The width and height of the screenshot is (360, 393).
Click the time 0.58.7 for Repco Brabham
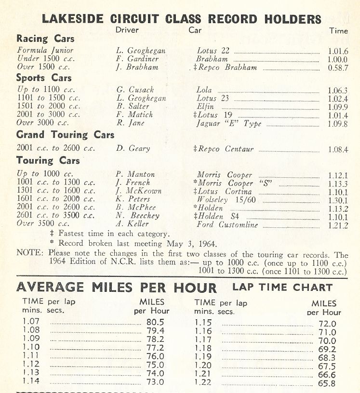[337, 68]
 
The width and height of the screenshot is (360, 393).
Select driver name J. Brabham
[137, 67]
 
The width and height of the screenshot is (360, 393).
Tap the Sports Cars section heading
[44, 78]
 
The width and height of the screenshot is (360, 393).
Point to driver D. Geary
[133, 149]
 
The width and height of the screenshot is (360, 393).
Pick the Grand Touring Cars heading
[65, 135]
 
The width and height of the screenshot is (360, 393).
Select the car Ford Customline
[227, 224]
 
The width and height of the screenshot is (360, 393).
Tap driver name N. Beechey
[137, 216]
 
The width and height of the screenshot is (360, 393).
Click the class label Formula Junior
[45, 50]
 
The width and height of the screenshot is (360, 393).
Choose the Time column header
[338, 30]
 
